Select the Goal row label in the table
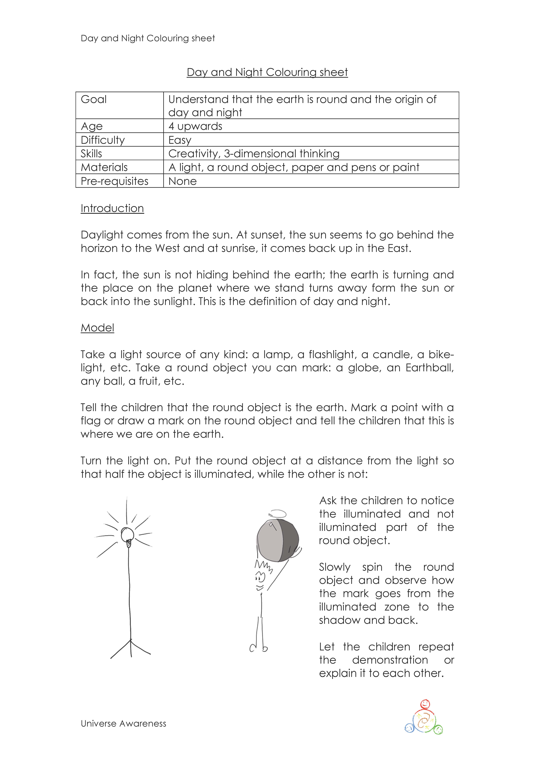pyautogui.click(x=94, y=99)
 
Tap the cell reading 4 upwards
pyautogui.click(x=195, y=126)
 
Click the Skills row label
pyautogui.click(x=91, y=154)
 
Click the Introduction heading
pyautogui.click(x=112, y=208)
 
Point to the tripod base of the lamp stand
pyautogui.click(x=131, y=649)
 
